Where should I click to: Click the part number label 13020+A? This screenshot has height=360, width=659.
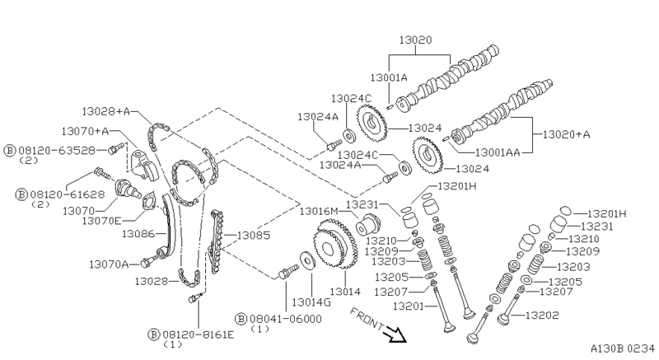tap(567, 134)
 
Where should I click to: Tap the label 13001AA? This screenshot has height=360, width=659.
tap(498, 153)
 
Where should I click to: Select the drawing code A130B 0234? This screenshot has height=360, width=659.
tap(623, 348)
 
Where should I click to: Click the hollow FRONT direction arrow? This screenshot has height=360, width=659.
tap(395, 334)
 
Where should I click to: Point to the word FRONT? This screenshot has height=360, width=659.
tap(366, 319)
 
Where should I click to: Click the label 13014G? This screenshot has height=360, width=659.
tap(311, 302)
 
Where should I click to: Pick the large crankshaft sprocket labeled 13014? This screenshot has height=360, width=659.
tap(335, 245)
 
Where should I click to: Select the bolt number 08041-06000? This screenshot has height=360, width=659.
tap(285, 320)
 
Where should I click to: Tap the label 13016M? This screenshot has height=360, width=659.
tap(319, 211)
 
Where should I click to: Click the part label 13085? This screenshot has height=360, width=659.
tap(254, 236)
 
